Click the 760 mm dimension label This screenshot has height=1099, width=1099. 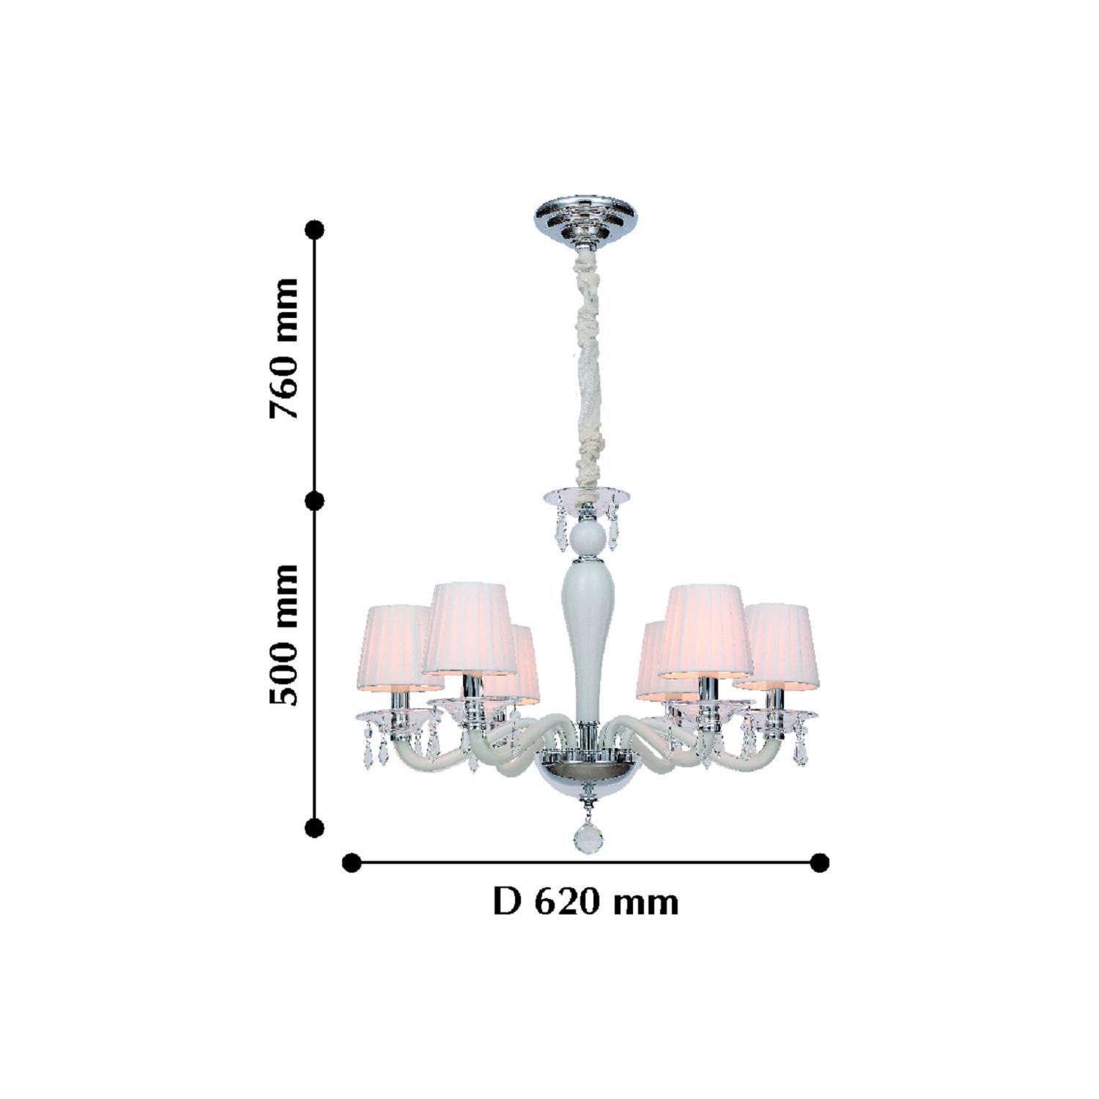[284, 348]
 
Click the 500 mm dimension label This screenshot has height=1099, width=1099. [284, 634]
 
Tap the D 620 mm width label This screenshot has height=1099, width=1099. [585, 901]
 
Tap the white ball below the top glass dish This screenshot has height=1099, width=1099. [587, 536]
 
